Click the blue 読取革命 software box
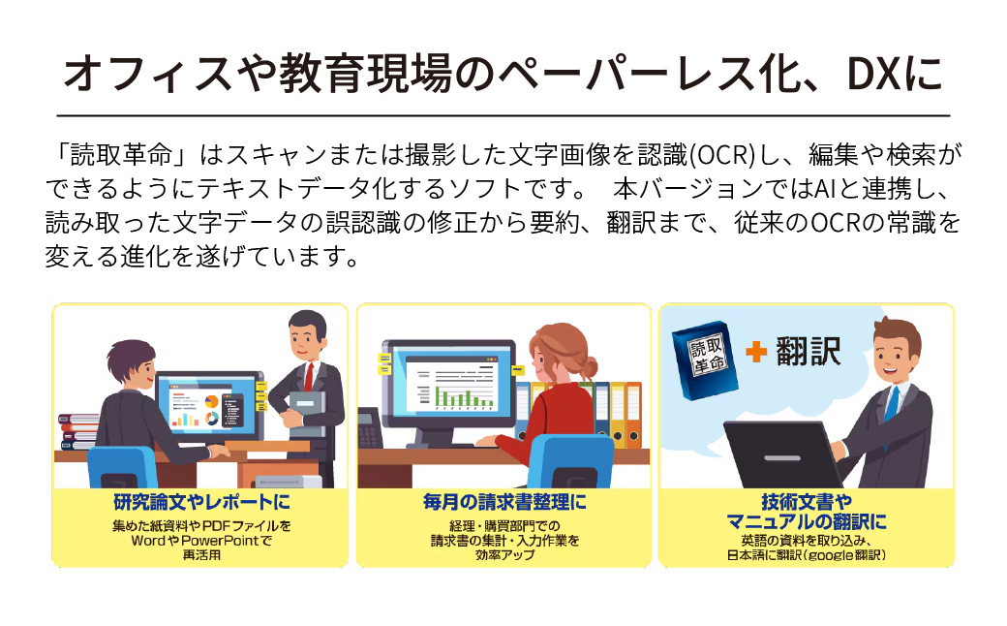[x=711, y=353]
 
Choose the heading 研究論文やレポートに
[x=201, y=504]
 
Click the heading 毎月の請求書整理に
[x=504, y=504]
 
